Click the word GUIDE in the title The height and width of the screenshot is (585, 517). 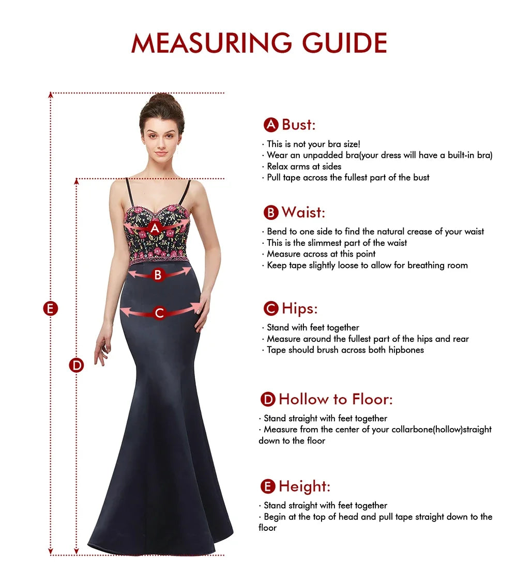344,43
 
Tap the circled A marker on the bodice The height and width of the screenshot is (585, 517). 155,228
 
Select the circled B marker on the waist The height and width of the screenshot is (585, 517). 158,275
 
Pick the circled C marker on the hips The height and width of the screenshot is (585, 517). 159,312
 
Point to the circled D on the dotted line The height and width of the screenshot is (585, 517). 77,365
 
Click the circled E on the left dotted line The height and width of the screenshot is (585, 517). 50,309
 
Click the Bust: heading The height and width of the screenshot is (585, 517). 298,124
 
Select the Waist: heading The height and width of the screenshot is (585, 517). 303,212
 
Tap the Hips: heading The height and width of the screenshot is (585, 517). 299,309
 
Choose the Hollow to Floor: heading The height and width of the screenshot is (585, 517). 336,399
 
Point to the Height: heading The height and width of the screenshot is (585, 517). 304,486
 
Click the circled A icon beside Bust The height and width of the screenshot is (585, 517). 271,124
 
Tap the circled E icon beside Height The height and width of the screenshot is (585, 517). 267,486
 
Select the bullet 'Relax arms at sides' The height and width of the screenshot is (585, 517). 304,166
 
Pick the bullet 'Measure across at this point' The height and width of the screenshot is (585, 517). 321,254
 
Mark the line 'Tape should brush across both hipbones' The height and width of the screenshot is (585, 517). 345,350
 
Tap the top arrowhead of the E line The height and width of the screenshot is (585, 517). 50,94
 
